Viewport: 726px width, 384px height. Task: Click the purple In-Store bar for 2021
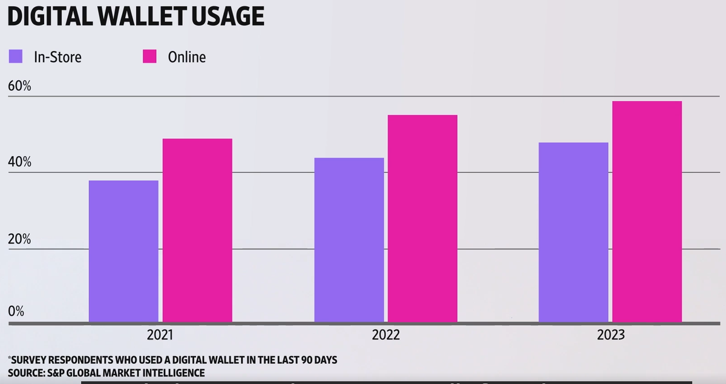click(x=123, y=251)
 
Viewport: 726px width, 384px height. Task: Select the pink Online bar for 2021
click(x=197, y=230)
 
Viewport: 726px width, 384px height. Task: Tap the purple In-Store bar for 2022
click(x=349, y=240)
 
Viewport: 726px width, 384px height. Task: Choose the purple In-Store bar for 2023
click(x=574, y=232)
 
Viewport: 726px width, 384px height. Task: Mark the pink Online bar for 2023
click(x=647, y=211)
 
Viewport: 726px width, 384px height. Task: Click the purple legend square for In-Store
click(x=16, y=57)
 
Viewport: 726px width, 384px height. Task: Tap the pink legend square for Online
click(x=149, y=57)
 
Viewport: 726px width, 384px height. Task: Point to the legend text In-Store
click(x=57, y=58)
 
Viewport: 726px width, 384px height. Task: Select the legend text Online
click(x=187, y=58)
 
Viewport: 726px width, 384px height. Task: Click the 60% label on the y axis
click(x=19, y=86)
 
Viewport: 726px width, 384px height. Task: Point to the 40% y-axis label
click(x=19, y=162)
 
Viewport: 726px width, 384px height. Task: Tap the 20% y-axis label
click(x=19, y=239)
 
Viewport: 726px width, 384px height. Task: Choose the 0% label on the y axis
click(x=16, y=312)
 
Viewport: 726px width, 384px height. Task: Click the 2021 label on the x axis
click(x=160, y=335)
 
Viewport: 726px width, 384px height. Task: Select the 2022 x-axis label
click(x=385, y=335)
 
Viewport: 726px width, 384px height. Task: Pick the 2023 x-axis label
click(x=610, y=335)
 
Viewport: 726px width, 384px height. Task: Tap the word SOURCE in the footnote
click(x=25, y=372)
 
